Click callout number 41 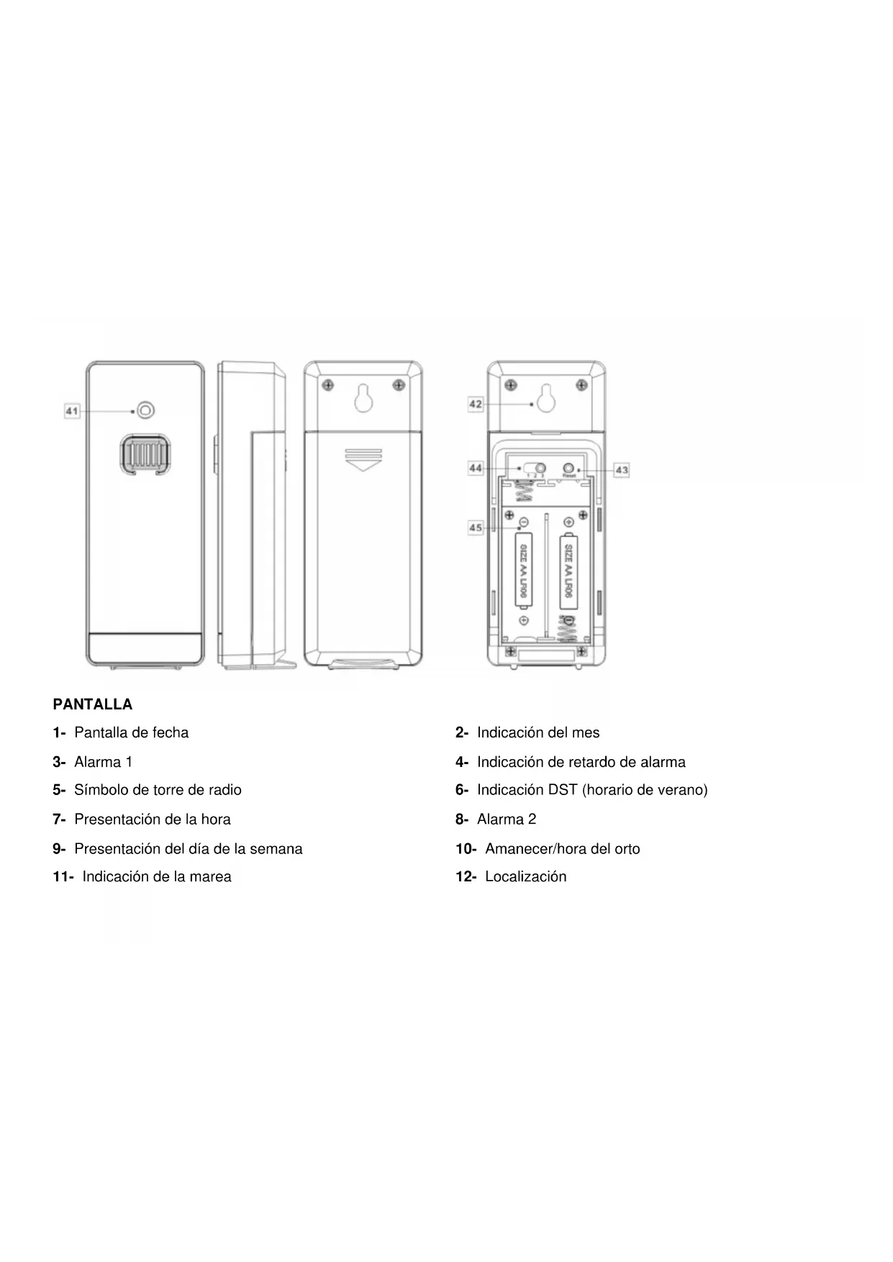click(x=72, y=412)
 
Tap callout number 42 click(x=476, y=404)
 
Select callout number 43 click(x=622, y=470)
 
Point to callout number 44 click(x=476, y=468)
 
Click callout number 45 click(x=476, y=528)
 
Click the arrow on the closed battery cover click(x=363, y=460)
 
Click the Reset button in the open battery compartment click(x=569, y=467)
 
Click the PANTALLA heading click(x=93, y=704)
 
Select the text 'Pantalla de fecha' click(x=131, y=732)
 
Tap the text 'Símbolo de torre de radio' click(x=158, y=790)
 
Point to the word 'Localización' click(x=525, y=876)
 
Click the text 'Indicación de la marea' click(x=156, y=876)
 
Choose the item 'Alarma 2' click(x=506, y=820)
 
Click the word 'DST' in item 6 click(x=563, y=790)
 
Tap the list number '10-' click(x=466, y=849)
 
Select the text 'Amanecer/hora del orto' click(x=562, y=849)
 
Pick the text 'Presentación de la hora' click(x=152, y=820)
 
